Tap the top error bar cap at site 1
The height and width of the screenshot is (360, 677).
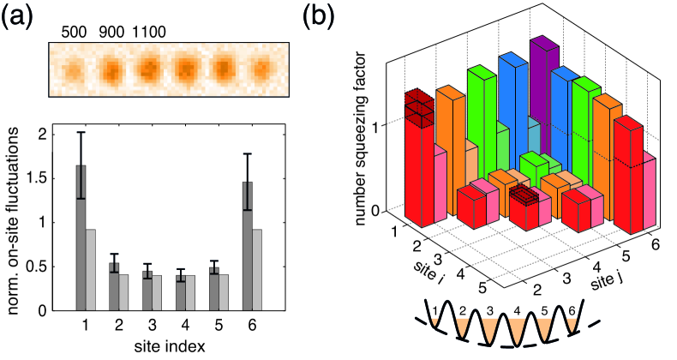point(81,132)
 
